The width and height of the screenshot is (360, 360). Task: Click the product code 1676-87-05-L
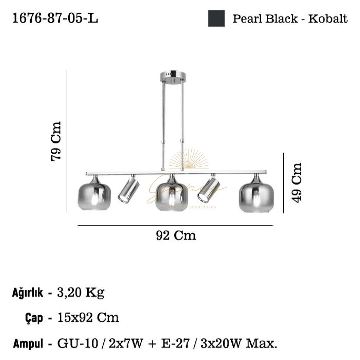pyautogui.click(x=55, y=18)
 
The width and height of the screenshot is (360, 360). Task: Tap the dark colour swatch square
pyautogui.click(x=216, y=18)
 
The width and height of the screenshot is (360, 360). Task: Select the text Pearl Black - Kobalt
pyautogui.click(x=290, y=18)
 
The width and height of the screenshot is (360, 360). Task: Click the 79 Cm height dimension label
pyautogui.click(x=56, y=141)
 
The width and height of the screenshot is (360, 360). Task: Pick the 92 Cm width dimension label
pyautogui.click(x=176, y=235)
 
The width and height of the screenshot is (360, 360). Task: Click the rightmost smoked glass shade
pyautogui.click(x=256, y=197)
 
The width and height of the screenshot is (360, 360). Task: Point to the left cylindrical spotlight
pyautogui.click(x=128, y=190)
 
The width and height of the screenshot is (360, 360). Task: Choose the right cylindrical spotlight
pyautogui.click(x=208, y=190)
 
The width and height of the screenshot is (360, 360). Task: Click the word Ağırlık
pyautogui.click(x=28, y=292)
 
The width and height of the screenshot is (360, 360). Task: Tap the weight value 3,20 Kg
pyautogui.click(x=81, y=292)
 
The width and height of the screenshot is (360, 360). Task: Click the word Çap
pyautogui.click(x=35, y=318)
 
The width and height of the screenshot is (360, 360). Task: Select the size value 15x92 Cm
pyautogui.click(x=88, y=318)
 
